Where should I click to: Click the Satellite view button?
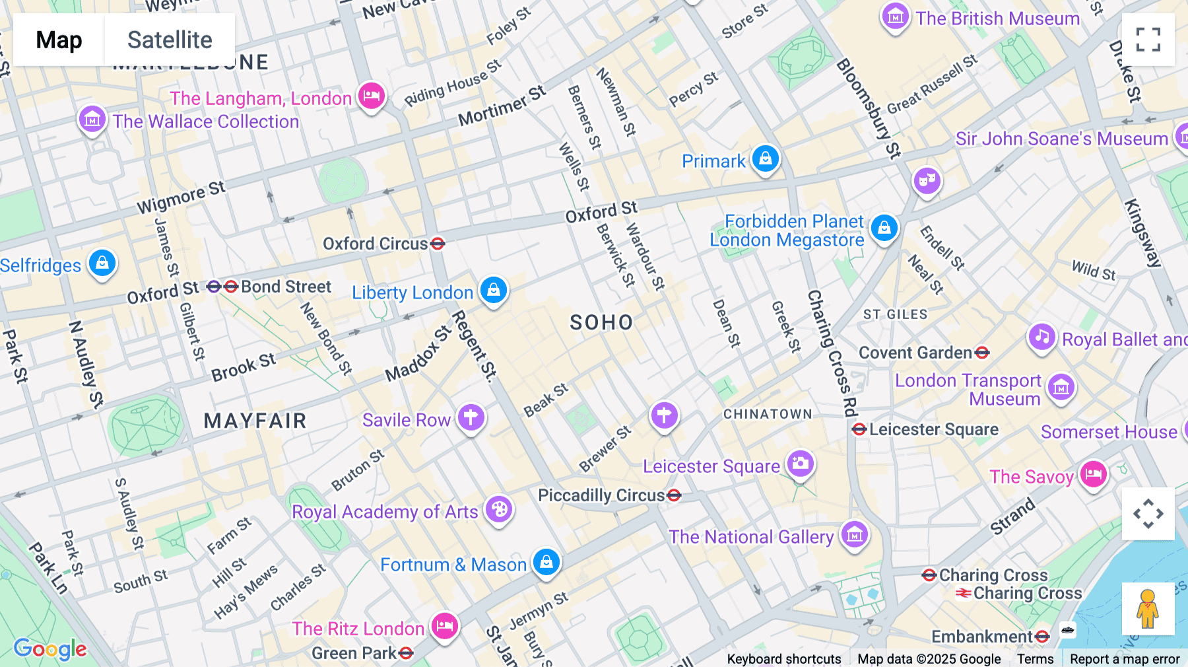(170, 40)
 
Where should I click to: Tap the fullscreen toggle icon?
(1148, 40)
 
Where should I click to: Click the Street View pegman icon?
(1148, 608)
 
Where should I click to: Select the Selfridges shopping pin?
(102, 263)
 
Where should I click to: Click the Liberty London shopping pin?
(494, 289)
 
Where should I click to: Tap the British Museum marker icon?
(896, 17)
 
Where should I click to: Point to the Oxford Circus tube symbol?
(438, 244)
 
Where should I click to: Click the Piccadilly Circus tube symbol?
(674, 495)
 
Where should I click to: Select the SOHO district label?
(601, 322)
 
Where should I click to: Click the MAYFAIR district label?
(255, 421)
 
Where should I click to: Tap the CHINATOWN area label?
(768, 414)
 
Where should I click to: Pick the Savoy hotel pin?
(1094, 474)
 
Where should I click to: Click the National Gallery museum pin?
(855, 534)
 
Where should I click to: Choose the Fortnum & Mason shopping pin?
(546, 562)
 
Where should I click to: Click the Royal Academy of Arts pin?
(499, 509)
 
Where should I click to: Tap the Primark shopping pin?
(766, 158)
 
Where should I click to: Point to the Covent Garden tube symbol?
(982, 353)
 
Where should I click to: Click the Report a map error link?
(1125, 659)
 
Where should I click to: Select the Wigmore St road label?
(181, 197)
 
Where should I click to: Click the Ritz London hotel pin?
(445, 625)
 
